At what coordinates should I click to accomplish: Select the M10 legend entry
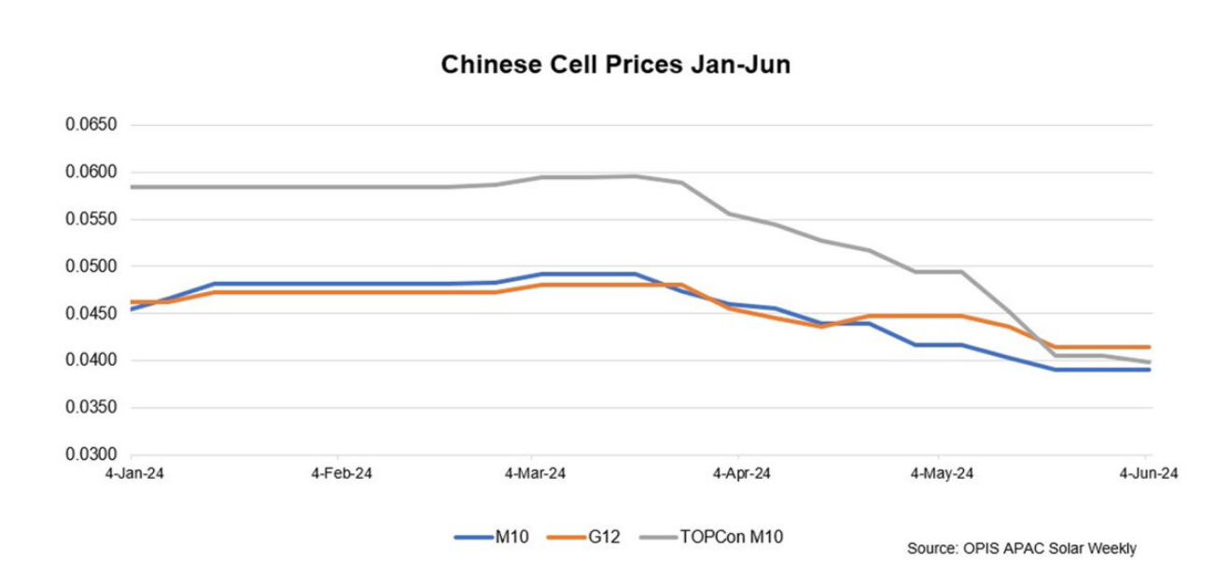click(x=511, y=537)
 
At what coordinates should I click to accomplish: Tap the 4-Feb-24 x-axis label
click(x=342, y=474)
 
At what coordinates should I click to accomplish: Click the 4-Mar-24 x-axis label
click(x=535, y=474)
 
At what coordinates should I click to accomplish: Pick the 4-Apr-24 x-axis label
click(x=741, y=474)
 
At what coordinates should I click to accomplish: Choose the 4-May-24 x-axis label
click(x=942, y=474)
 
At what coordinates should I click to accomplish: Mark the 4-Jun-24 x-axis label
click(x=1148, y=474)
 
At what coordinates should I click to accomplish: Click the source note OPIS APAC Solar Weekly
click(x=1021, y=549)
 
